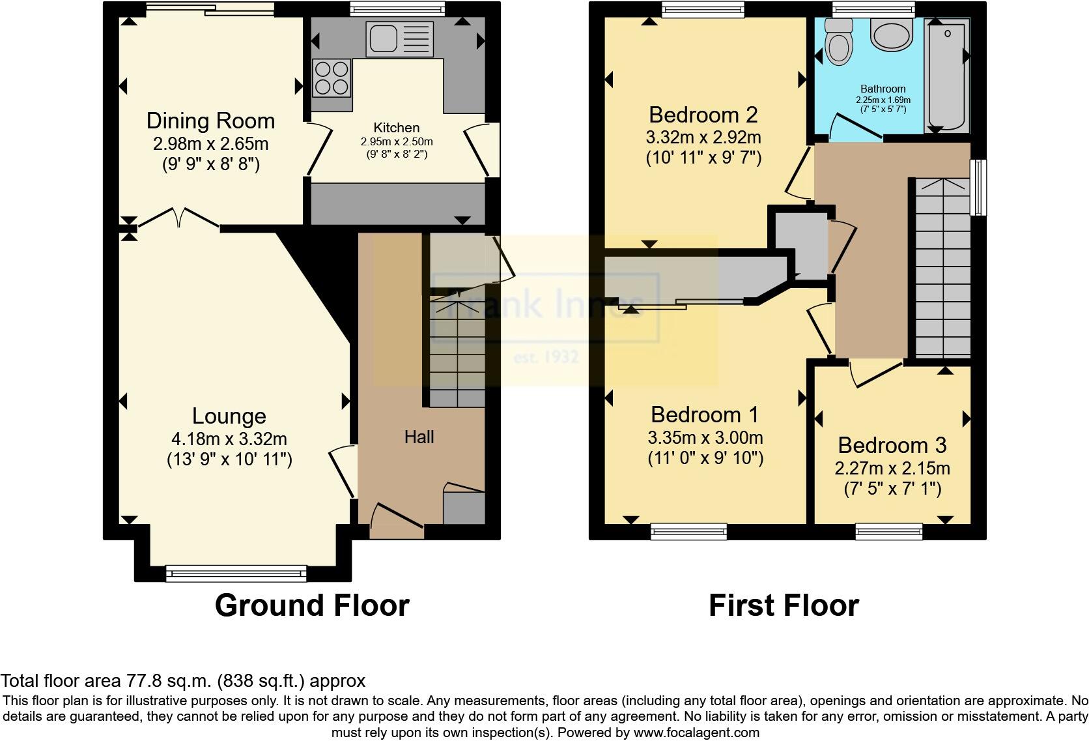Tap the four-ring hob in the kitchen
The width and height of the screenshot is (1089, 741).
click(x=332, y=77)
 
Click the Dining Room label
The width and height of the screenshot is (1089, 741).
click(x=210, y=121)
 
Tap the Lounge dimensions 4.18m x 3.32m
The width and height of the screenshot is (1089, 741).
click(x=229, y=439)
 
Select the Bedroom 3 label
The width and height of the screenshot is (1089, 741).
click(x=892, y=446)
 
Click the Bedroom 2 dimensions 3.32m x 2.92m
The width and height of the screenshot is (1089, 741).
click(x=703, y=138)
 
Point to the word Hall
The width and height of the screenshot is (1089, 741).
click(x=419, y=437)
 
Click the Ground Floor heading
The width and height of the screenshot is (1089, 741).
click(x=312, y=605)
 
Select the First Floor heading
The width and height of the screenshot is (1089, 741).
click(x=784, y=605)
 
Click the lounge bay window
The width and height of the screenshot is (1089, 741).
click(x=236, y=574)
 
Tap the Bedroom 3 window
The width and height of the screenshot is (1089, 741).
click(x=889, y=531)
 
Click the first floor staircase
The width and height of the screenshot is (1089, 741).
click(x=942, y=267)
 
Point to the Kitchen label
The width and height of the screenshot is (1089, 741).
click(x=396, y=128)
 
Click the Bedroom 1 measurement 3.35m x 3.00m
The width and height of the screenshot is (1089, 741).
click(x=705, y=437)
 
